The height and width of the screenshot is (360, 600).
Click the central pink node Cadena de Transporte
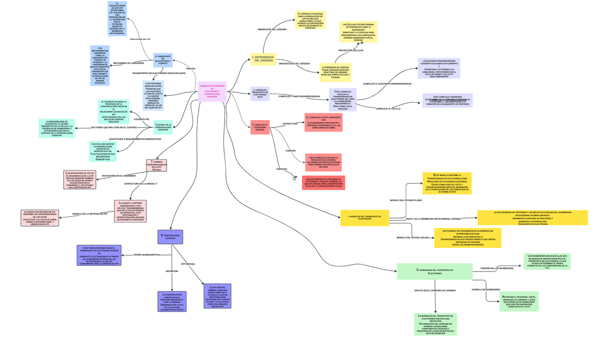[212, 91]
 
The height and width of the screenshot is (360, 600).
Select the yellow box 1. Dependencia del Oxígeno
[263, 59]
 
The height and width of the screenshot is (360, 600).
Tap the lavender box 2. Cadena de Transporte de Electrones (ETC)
[260, 93]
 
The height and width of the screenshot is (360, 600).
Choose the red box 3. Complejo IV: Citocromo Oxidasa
[260, 127]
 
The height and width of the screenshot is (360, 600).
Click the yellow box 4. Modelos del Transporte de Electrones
[367, 217]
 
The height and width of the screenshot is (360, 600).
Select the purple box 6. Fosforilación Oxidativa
[170, 236]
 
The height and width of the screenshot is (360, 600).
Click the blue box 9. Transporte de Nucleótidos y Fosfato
[162, 60]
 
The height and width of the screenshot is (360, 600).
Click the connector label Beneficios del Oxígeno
[272, 29]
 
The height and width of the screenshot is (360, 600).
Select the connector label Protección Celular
[350, 50]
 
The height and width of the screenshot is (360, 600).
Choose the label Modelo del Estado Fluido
[406, 200]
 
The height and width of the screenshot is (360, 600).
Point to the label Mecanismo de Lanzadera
[128, 63]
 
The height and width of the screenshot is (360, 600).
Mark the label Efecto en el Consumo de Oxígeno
[435, 290]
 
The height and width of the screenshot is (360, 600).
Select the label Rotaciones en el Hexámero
[118, 176]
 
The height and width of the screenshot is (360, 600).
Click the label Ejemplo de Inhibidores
[486, 289]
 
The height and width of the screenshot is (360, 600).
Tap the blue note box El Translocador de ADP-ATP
[117, 18]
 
